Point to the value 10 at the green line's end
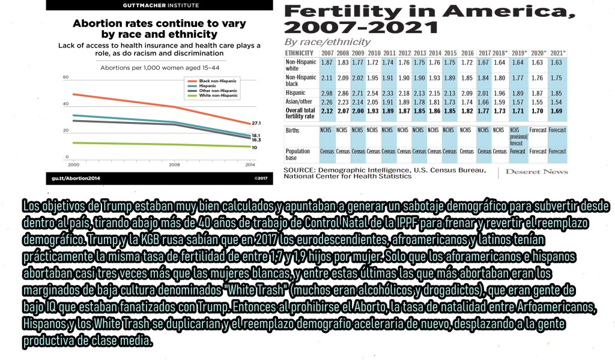click(254, 147)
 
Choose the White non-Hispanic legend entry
click(217, 96)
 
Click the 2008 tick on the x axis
click(174, 164)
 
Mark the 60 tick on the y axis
click(66, 78)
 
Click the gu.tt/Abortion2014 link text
click(75, 178)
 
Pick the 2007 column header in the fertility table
click(327, 53)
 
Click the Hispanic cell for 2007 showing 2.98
click(327, 93)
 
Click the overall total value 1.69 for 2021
click(556, 111)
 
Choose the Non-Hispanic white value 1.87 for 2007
click(327, 63)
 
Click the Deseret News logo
click(537, 172)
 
